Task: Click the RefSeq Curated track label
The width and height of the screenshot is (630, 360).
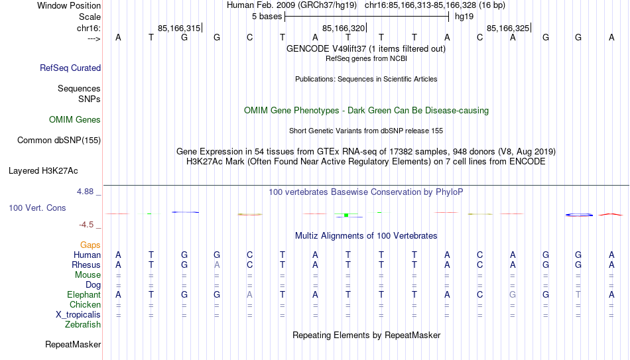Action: pos(70,68)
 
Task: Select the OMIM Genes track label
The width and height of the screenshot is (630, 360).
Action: pos(75,120)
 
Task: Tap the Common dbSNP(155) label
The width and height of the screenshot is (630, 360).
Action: pos(59,141)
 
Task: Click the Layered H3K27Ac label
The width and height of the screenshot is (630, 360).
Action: pos(43,171)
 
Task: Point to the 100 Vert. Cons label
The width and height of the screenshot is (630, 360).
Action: pos(37,208)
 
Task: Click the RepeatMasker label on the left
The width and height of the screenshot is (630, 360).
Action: pos(73,344)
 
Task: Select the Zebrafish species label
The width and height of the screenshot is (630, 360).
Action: pos(83,324)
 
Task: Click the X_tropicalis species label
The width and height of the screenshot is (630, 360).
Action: pos(78,315)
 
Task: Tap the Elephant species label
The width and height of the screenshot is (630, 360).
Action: pos(84,294)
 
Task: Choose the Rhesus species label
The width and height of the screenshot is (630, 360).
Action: pos(86,265)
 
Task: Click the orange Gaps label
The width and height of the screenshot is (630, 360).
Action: pos(90,245)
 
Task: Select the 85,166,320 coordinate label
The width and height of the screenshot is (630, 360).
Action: pos(344,28)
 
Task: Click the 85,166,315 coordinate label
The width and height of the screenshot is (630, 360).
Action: pos(179,28)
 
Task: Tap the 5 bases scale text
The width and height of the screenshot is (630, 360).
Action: pos(267,17)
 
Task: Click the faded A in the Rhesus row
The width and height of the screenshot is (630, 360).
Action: pos(217,265)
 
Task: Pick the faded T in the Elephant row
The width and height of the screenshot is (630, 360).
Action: pos(578,294)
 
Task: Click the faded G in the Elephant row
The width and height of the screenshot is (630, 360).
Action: pos(513,294)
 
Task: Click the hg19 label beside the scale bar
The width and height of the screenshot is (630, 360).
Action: pos(464,17)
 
